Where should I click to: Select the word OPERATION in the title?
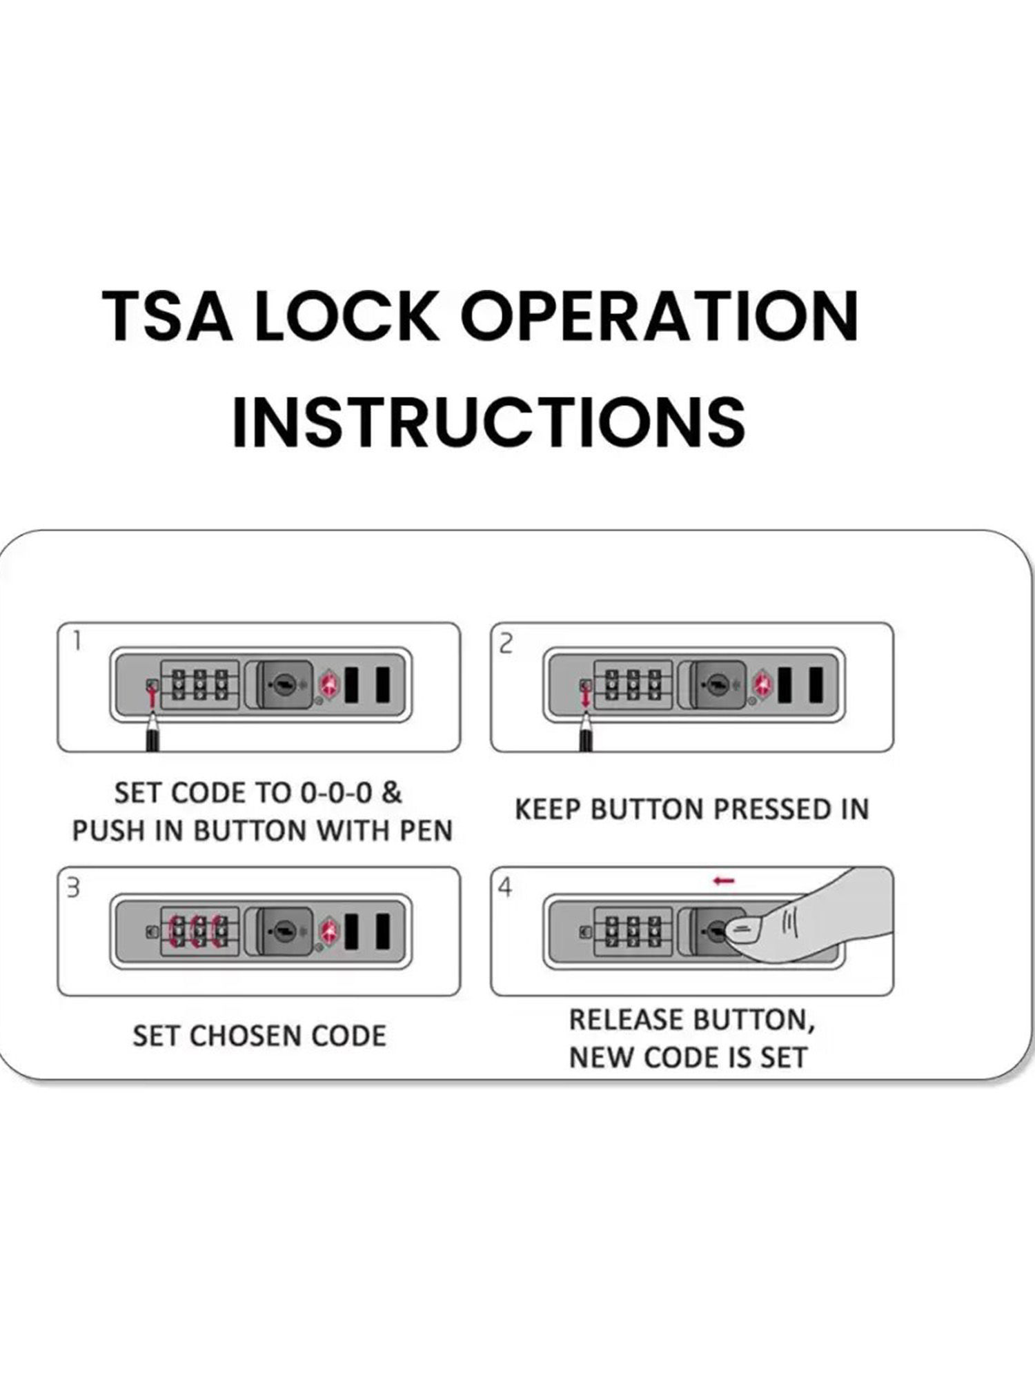(660, 316)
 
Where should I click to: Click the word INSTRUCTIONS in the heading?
(489, 420)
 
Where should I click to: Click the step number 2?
(506, 644)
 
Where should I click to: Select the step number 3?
(72, 887)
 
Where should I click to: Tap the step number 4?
(506, 888)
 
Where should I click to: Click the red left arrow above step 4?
(724, 881)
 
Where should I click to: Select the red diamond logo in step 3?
(328, 929)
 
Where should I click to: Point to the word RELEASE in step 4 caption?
(627, 1020)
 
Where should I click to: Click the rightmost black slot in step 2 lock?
(816, 685)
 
